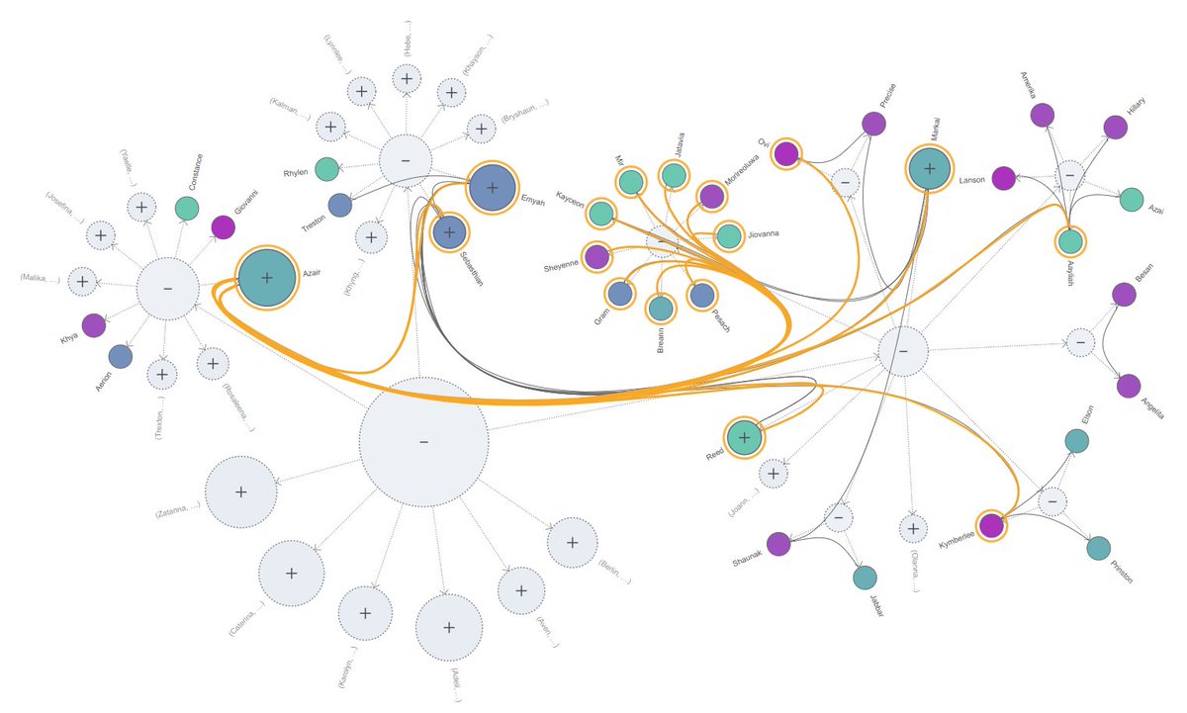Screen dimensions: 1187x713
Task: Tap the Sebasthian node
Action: [x=449, y=232]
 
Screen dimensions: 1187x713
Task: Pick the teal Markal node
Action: [x=929, y=169]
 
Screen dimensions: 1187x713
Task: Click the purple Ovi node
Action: [x=786, y=154]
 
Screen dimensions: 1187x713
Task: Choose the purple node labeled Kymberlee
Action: [x=991, y=526]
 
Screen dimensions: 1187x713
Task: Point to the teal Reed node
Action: [x=745, y=437]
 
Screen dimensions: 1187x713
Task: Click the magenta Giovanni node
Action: [x=224, y=226]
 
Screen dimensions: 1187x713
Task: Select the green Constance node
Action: [x=186, y=208]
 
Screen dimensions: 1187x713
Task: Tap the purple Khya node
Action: [x=94, y=324]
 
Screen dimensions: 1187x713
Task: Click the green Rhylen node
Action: [x=326, y=168]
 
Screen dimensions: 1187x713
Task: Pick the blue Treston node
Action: [x=340, y=205]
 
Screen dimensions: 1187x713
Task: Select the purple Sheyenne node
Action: [x=596, y=257]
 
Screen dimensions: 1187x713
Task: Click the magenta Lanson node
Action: [x=1003, y=179]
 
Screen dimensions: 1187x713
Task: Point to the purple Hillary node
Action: [x=1115, y=127]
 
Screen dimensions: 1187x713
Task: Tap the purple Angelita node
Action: [x=1128, y=387]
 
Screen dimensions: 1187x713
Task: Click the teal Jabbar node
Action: [x=865, y=578]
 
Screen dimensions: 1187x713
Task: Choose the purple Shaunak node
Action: [x=778, y=543]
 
